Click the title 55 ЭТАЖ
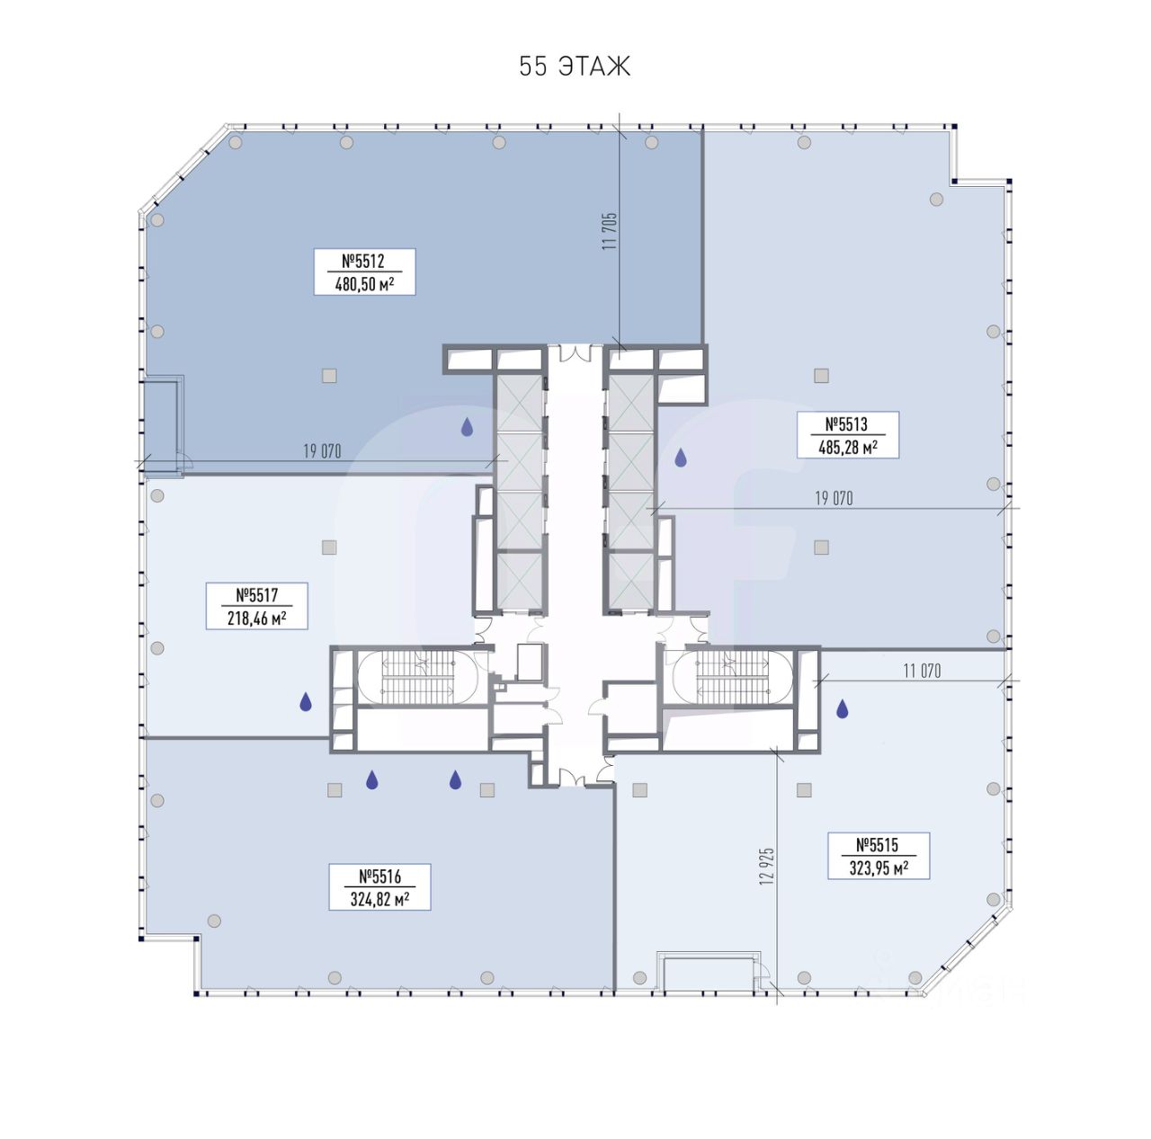tap(574, 67)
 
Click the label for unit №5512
tap(364, 271)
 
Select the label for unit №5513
tap(848, 435)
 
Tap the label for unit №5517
tap(256, 606)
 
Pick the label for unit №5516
tap(379, 887)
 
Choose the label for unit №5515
tap(878, 856)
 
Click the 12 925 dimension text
tap(768, 866)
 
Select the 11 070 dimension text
tap(922, 672)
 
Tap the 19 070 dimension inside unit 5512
tap(322, 451)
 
